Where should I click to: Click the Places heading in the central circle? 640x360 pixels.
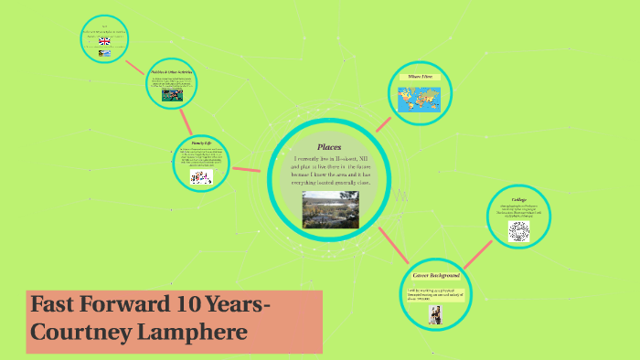(x=329, y=147)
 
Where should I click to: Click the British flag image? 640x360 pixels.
(x=104, y=41)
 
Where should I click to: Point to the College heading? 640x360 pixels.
(x=518, y=199)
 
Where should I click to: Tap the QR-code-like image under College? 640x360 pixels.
(x=517, y=229)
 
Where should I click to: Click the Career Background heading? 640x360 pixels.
(x=435, y=275)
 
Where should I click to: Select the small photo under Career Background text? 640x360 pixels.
(x=435, y=313)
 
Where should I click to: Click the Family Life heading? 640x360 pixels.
(x=201, y=144)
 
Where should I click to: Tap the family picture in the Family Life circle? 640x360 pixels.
(x=201, y=177)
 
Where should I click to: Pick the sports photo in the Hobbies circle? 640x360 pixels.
(x=172, y=94)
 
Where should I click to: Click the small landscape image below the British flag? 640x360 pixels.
(x=104, y=55)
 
